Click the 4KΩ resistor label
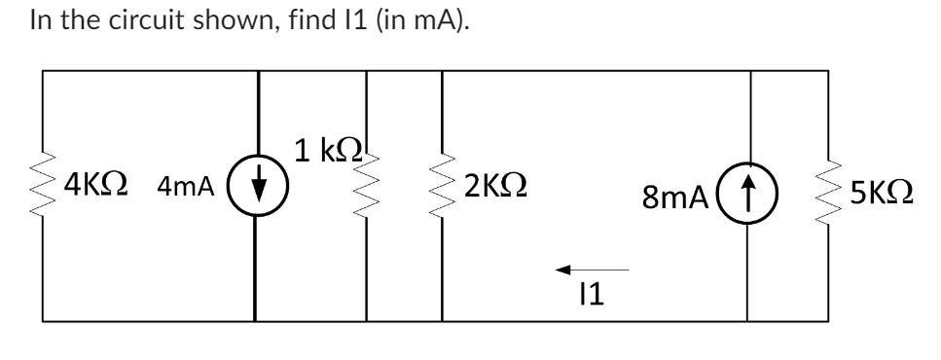click(x=97, y=184)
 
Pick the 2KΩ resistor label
click(x=496, y=185)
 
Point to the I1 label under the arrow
click(x=590, y=296)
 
